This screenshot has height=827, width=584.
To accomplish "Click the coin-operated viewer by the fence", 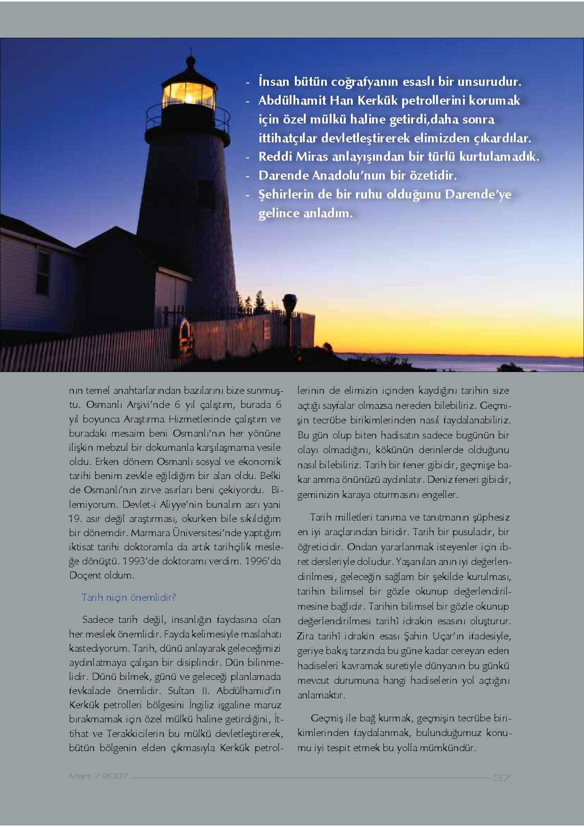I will [x=289, y=302].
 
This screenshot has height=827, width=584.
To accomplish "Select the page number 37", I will [x=502, y=777].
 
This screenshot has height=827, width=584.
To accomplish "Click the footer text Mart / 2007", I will [x=98, y=776].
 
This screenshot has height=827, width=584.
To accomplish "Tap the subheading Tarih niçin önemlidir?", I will [x=129, y=597].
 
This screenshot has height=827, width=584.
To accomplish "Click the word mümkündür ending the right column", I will [x=447, y=748].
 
